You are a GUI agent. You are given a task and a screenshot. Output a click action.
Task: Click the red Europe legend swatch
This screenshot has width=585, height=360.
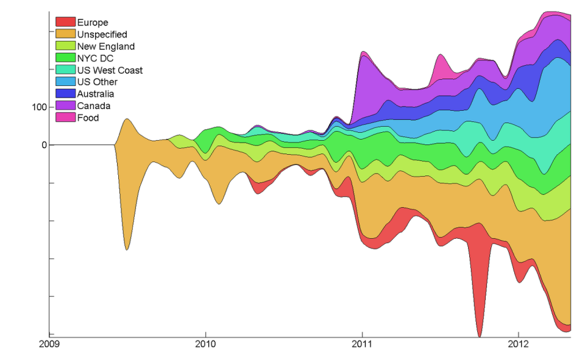tap(65, 23)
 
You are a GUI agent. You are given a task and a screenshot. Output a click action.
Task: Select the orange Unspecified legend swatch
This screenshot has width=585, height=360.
tap(65, 34)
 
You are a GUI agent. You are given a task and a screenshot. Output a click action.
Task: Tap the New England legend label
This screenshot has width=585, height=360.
tap(105, 46)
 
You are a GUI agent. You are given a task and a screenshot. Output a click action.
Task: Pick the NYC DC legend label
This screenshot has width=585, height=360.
tap(95, 58)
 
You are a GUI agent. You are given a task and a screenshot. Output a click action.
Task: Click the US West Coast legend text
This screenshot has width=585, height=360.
tap(110, 70)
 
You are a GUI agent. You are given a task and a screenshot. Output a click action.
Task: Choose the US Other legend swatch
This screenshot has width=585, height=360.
tap(65, 82)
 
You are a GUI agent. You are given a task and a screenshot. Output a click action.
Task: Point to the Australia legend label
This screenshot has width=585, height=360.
tap(95, 94)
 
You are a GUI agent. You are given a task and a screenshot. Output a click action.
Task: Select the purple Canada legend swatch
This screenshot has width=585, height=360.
tap(65, 105)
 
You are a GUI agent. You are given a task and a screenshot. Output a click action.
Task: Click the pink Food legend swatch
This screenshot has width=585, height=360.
tap(65, 118)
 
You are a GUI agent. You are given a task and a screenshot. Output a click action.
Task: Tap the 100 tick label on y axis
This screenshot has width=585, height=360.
tap(39, 107)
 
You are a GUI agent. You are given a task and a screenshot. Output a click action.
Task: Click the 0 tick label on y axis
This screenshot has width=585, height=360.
tap(44, 145)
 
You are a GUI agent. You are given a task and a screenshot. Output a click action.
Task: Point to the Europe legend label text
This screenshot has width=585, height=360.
tap(92, 23)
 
